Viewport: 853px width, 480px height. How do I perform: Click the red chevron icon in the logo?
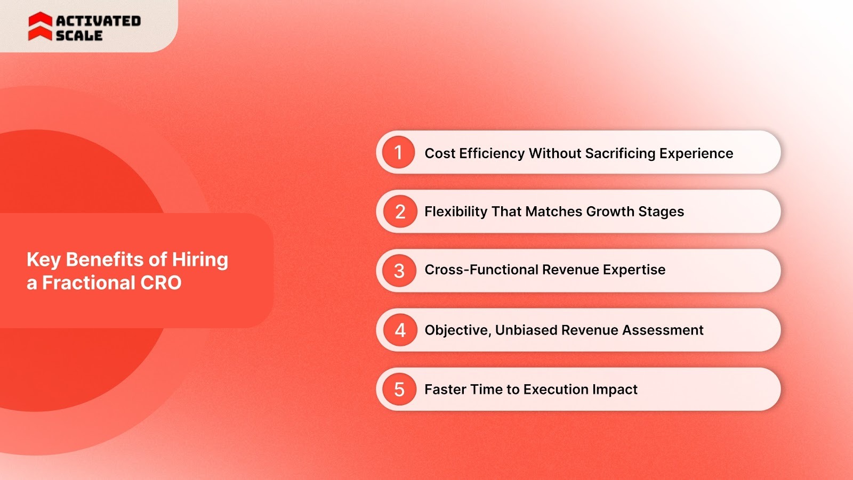click(40, 27)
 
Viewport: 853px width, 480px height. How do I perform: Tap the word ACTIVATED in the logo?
click(99, 21)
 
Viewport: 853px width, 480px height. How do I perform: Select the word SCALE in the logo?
click(79, 36)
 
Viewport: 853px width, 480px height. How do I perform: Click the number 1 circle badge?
click(398, 152)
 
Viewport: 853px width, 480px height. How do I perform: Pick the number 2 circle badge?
click(400, 211)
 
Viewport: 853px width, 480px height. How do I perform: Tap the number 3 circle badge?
click(399, 271)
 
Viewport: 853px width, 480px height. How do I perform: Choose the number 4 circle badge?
click(400, 330)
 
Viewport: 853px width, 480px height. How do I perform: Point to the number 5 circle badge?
click(399, 389)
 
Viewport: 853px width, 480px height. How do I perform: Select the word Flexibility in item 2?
click(456, 211)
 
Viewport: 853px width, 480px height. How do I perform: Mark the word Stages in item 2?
click(661, 211)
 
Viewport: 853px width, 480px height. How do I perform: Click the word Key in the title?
click(44, 260)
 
